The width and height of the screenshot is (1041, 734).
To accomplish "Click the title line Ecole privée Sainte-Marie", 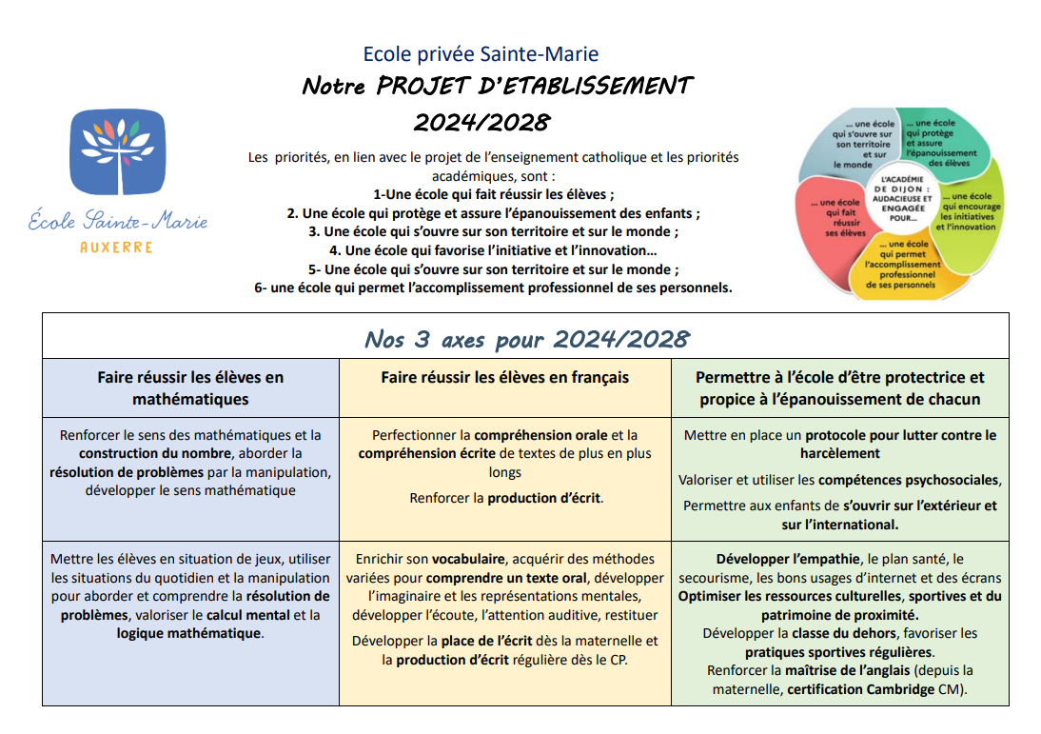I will pyautogui.click(x=481, y=55).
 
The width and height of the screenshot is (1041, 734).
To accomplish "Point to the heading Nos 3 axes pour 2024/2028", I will pyautogui.click(x=526, y=340).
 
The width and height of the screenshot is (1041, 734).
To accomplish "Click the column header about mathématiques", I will pyautogui.click(x=190, y=387).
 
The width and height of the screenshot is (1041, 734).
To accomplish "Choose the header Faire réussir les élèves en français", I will pyautogui.click(x=504, y=377).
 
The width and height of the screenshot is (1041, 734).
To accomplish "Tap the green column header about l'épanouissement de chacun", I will pyautogui.click(x=839, y=387).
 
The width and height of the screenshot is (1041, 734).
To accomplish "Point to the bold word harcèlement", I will pyautogui.click(x=839, y=453).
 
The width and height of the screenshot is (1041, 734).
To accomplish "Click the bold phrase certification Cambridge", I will pyautogui.click(x=860, y=689).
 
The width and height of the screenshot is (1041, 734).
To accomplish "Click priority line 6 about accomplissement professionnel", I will pyautogui.click(x=493, y=288).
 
